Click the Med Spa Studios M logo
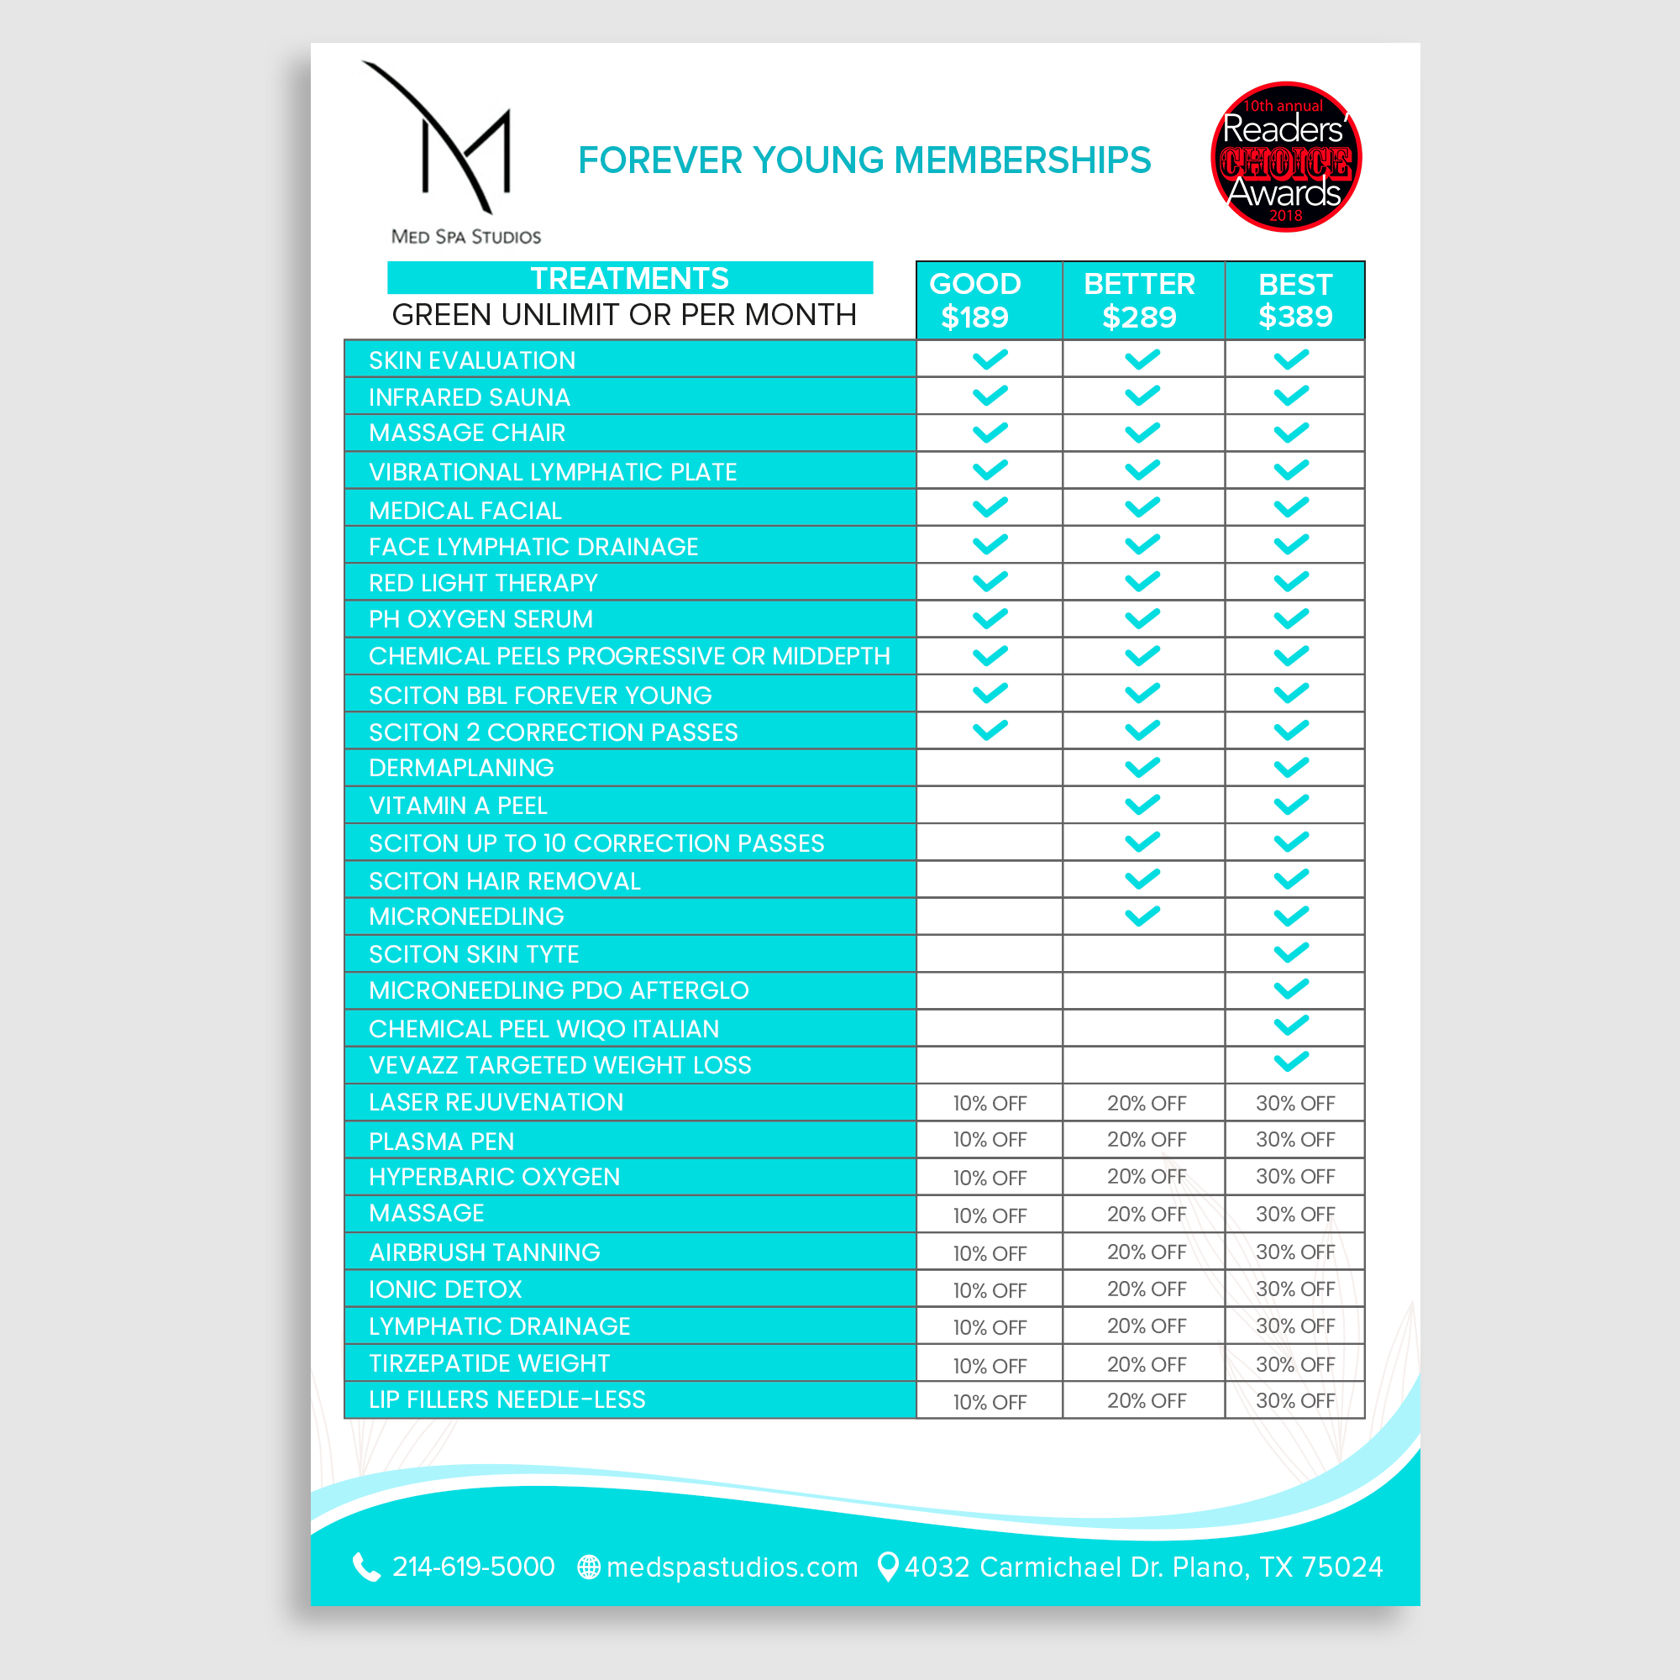(452, 144)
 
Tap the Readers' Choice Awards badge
(1285, 157)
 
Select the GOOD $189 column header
(974, 300)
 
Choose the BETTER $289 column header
(1139, 300)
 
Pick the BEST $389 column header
(1294, 300)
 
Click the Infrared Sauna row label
(469, 397)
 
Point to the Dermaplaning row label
(461, 768)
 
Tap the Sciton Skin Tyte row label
(473, 954)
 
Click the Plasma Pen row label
(441, 1141)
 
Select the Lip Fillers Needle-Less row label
(507, 1399)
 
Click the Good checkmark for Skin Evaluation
(990, 360)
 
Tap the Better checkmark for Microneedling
(1142, 916)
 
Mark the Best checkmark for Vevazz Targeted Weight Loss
(1291, 1062)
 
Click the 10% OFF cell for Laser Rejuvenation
(990, 1104)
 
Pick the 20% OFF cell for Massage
(1146, 1214)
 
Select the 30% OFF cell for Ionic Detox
(1294, 1289)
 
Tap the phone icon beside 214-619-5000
(366, 1567)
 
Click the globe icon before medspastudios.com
(589, 1567)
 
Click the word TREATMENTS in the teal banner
(629, 278)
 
